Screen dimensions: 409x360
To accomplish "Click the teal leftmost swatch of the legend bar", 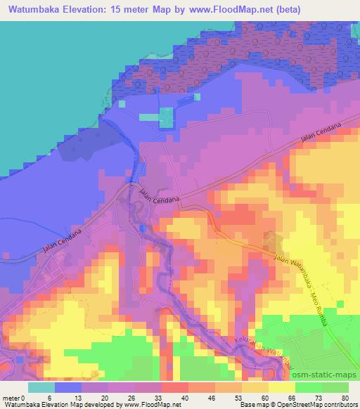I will (41, 387).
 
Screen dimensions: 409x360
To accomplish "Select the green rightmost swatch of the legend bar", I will (335, 387).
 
